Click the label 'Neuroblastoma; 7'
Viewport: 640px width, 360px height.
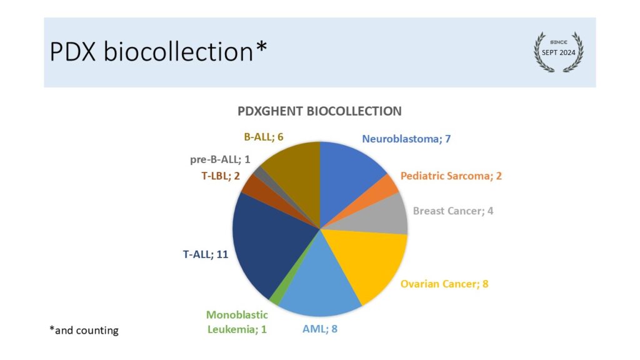(406, 139)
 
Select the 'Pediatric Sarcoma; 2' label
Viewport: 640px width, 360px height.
(451, 176)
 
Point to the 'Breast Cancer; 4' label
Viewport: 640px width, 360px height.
(453, 211)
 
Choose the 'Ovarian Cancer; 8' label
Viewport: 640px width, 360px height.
(444, 284)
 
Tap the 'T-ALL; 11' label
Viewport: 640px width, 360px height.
(205, 254)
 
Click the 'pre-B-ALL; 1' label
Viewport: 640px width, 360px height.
(220, 159)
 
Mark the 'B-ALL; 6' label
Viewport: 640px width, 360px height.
(264, 137)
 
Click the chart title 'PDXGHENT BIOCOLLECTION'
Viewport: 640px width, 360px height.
(319, 111)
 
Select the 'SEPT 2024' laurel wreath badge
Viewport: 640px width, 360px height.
(558, 52)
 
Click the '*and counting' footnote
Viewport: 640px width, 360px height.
(84, 330)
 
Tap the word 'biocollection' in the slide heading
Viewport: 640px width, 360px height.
(178, 51)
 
